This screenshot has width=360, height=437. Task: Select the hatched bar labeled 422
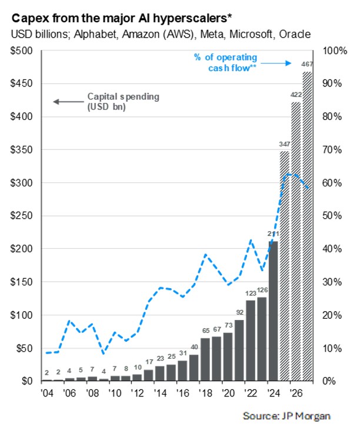tap(296, 241)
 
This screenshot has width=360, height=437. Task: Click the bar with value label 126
tap(262, 339)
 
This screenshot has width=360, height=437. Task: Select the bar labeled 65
tap(205, 359)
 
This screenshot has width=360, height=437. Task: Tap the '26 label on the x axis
tap(296, 392)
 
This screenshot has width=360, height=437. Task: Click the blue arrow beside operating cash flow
tap(276, 62)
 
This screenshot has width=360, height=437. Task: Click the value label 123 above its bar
tap(250, 293)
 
